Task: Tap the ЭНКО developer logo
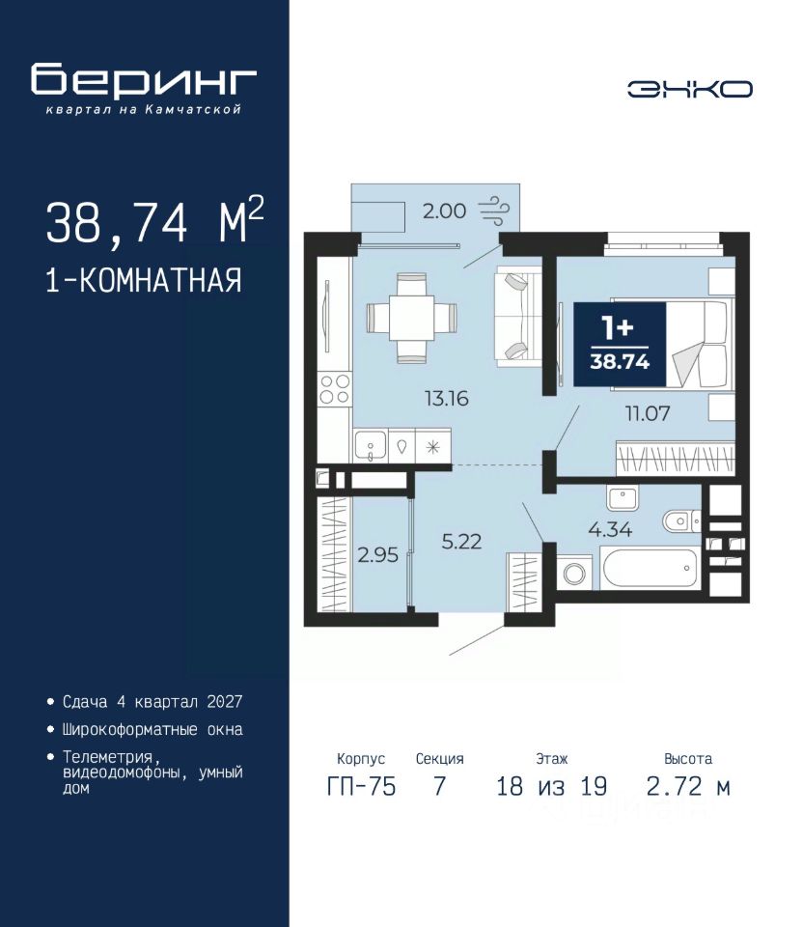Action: pyautogui.click(x=689, y=89)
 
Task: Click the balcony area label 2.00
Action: pyautogui.click(x=444, y=211)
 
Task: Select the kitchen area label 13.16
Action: pyautogui.click(x=447, y=399)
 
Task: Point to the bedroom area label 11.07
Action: pyautogui.click(x=648, y=413)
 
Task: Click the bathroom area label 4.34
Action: pyautogui.click(x=610, y=529)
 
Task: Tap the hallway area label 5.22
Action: pyautogui.click(x=461, y=542)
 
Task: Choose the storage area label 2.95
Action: pyautogui.click(x=377, y=555)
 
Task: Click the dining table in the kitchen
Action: pyautogui.click(x=412, y=318)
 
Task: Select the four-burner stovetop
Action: pyautogui.click(x=335, y=389)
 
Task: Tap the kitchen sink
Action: pyautogui.click(x=371, y=445)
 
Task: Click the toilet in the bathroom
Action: pyautogui.click(x=680, y=521)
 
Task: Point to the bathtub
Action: pyautogui.click(x=650, y=568)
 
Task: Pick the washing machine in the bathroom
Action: pyautogui.click(x=573, y=573)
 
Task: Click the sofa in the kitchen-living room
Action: pyautogui.click(x=518, y=317)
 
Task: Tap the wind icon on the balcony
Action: pyautogui.click(x=493, y=211)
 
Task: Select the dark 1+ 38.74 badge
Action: pyautogui.click(x=620, y=344)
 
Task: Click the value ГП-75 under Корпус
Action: pyautogui.click(x=361, y=787)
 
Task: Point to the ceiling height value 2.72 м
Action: pyautogui.click(x=688, y=787)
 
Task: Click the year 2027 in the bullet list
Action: pyautogui.click(x=225, y=702)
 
